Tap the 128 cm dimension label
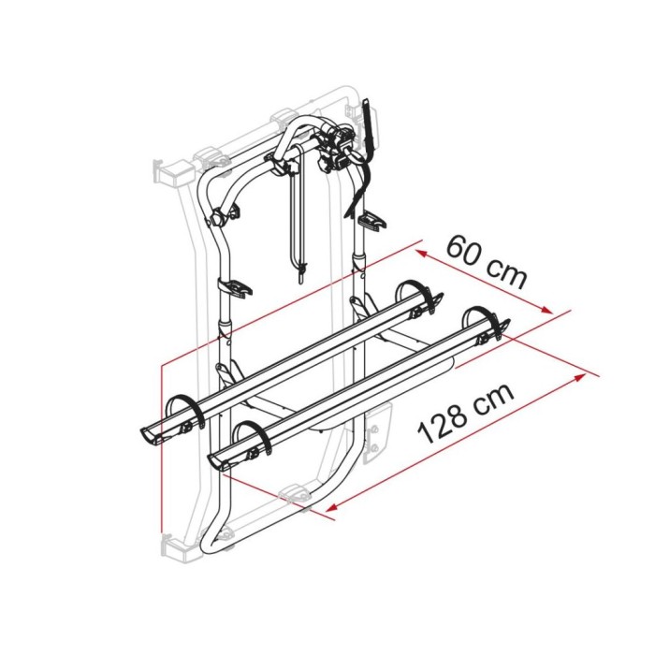pos(466,415)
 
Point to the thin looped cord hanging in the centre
pos(300,225)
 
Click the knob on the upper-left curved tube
pos(217,221)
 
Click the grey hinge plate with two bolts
pos(376,429)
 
